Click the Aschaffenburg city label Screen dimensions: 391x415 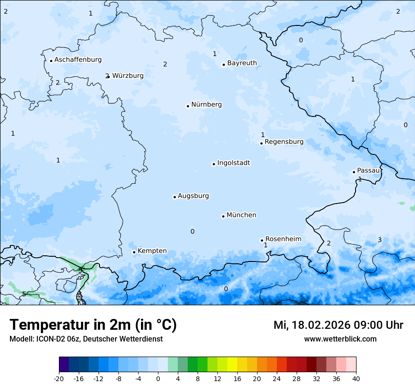click(78, 60)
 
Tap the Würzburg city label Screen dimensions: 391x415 click(128, 75)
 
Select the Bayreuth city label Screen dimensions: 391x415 click(242, 63)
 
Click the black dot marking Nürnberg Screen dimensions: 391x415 click(188, 106)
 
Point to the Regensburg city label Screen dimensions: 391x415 click(284, 142)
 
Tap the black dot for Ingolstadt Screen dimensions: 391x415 click(214, 164)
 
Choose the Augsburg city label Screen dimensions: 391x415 click(193, 196)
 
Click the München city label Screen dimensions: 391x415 click(241, 215)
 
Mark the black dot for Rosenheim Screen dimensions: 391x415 click(262, 240)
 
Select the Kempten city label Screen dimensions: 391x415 click(152, 251)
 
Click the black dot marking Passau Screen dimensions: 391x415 click(354, 172)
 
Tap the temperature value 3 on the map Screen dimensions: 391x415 click(380, 240)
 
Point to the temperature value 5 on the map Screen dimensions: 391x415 click(24, 294)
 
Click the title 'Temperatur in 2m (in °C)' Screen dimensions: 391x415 click(93, 325)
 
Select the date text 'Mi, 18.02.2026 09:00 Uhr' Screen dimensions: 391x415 click(338, 325)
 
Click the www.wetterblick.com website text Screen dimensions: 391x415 click(340, 339)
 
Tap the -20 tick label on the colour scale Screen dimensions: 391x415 click(59, 379)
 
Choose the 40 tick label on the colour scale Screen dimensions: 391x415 click(356, 379)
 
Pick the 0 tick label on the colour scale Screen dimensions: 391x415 click(158, 379)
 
